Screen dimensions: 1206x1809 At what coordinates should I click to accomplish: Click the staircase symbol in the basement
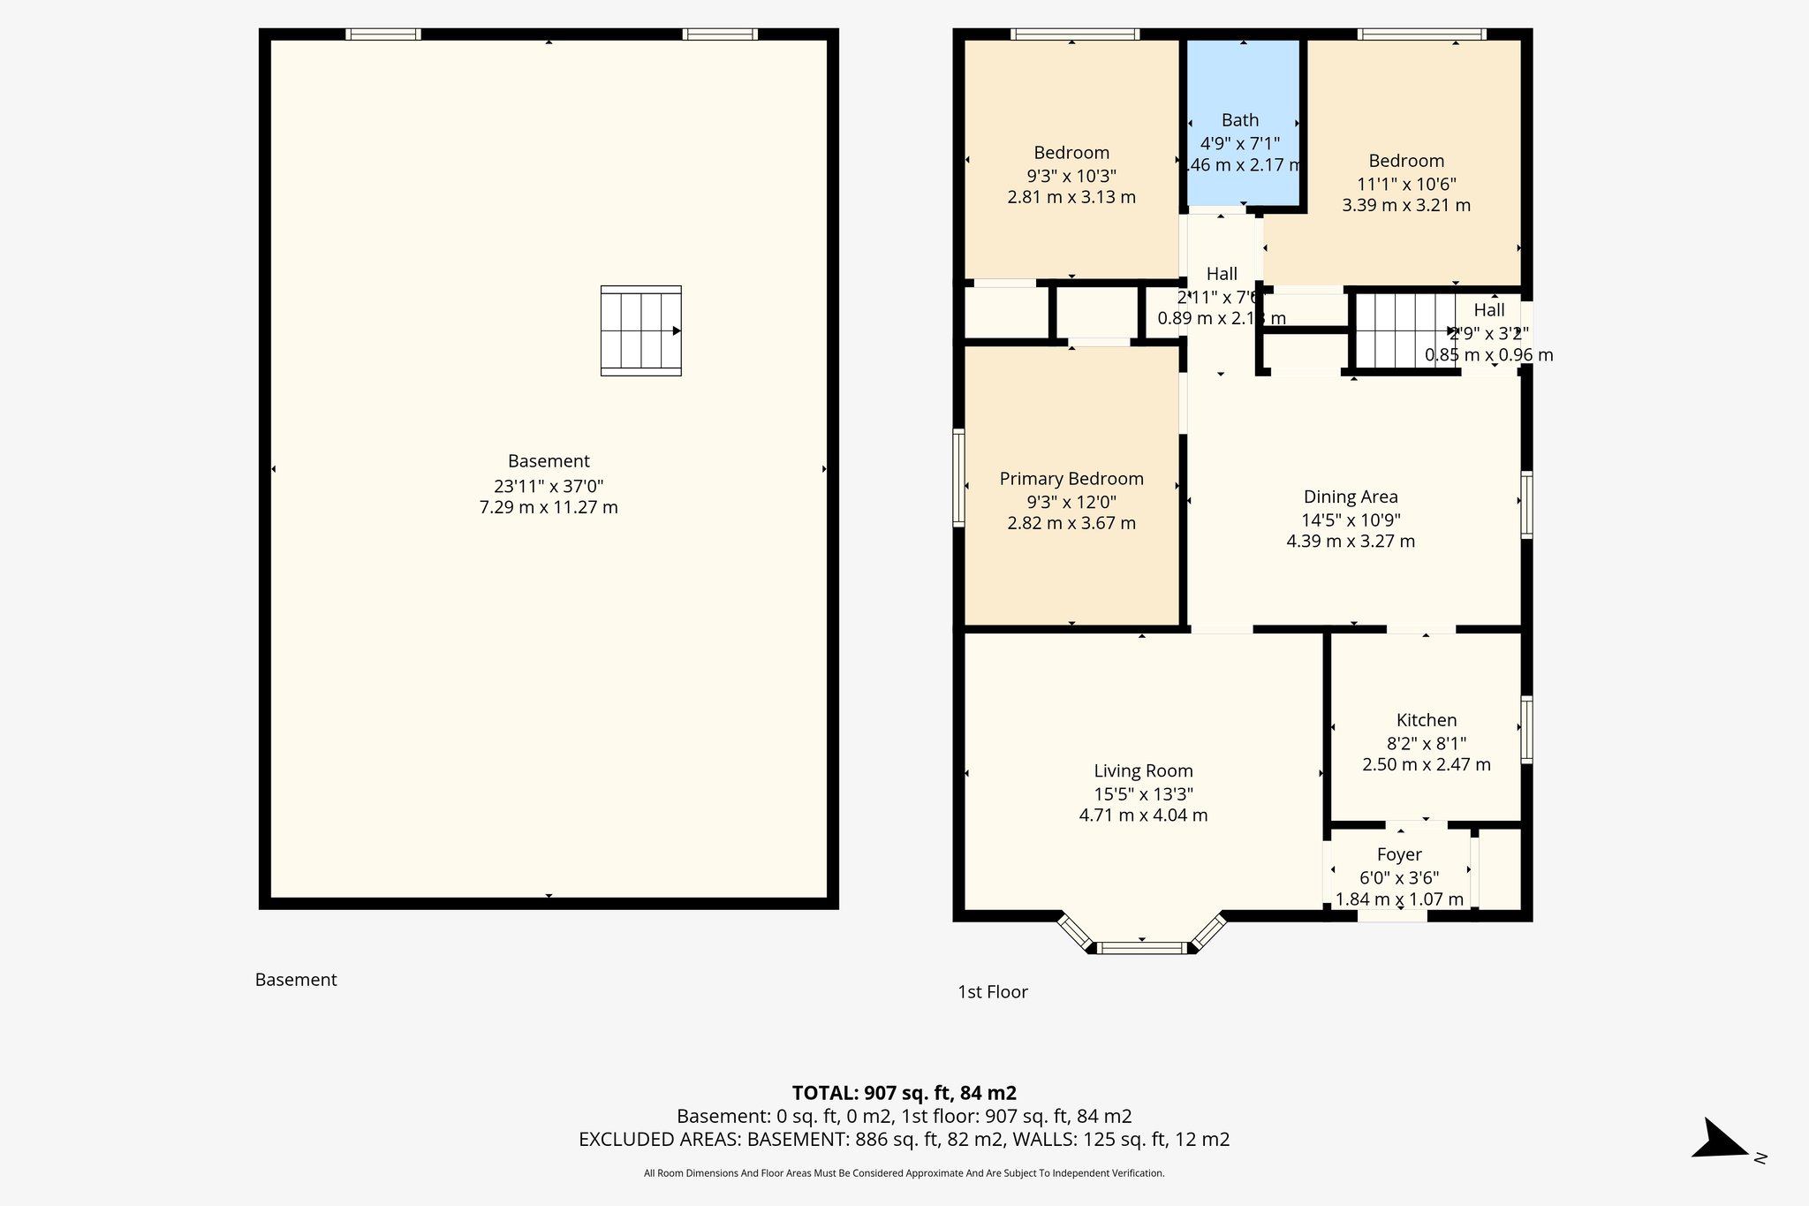(x=640, y=330)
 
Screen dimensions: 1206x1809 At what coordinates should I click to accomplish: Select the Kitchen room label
(x=1426, y=720)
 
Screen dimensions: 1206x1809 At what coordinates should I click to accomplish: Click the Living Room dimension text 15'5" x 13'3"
(x=1143, y=793)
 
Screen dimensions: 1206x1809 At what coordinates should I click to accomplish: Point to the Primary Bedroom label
(x=1071, y=479)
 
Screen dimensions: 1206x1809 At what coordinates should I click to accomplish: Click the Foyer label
(x=1399, y=854)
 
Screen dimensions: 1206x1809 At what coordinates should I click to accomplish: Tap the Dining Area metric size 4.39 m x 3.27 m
(x=1350, y=541)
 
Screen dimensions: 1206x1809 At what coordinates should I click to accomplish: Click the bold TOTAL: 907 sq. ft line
(x=904, y=1093)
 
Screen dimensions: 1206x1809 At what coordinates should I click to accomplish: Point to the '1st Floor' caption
(x=993, y=991)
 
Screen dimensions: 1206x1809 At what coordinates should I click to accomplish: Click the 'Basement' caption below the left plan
(x=296, y=979)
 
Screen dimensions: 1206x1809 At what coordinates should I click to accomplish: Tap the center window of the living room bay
(x=1141, y=948)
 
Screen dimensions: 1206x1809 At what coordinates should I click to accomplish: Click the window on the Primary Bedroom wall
(x=958, y=478)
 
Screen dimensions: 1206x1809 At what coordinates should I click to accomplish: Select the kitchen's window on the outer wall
(x=1525, y=729)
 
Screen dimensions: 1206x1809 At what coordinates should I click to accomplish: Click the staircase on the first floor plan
(x=1404, y=331)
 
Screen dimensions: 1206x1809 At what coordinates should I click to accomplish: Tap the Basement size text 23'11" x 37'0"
(x=548, y=485)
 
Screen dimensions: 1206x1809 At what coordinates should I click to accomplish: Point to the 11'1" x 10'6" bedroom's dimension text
(x=1406, y=184)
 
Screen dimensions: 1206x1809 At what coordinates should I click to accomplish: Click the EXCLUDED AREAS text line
(x=904, y=1139)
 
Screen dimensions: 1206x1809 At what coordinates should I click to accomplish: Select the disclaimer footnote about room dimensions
(x=904, y=1173)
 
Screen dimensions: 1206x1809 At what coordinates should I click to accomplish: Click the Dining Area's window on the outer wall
(x=1525, y=504)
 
